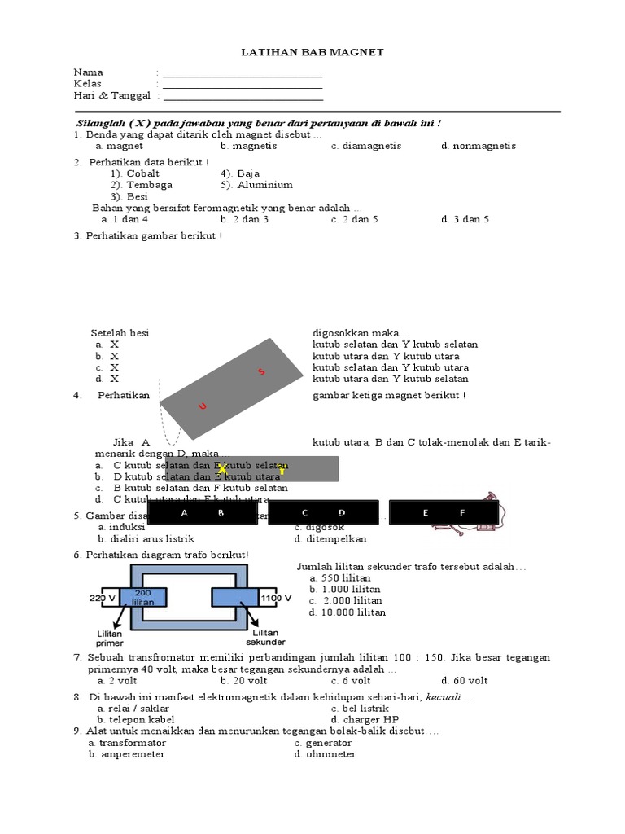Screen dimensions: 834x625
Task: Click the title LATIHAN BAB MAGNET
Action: pyautogui.click(x=312, y=52)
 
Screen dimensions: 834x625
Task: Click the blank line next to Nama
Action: pyautogui.click(x=243, y=73)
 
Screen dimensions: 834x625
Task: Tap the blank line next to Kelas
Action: pyautogui.click(x=243, y=85)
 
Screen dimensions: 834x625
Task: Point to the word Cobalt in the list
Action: pyautogui.click(x=142, y=173)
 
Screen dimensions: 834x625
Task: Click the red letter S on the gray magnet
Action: pyautogui.click(x=261, y=372)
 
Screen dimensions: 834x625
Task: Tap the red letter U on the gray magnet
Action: pyautogui.click(x=203, y=406)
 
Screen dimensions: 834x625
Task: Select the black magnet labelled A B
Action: pyautogui.click(x=202, y=513)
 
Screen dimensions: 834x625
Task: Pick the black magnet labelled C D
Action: pyautogui.click(x=323, y=513)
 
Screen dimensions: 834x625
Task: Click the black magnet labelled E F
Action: pyautogui.click(x=444, y=513)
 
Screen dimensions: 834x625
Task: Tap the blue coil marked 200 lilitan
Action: pyautogui.click(x=143, y=597)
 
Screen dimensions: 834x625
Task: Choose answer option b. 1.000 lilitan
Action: pyautogui.click(x=347, y=589)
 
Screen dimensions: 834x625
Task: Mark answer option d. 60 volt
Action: pyautogui.click(x=465, y=681)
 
